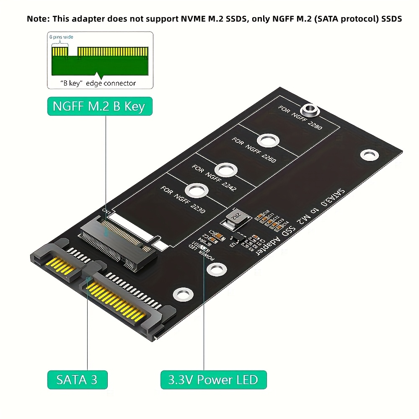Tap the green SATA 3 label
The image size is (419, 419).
(x=77, y=380)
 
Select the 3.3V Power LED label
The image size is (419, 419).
(x=213, y=380)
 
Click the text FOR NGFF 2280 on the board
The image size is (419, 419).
(x=300, y=117)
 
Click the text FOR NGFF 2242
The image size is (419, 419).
(x=215, y=177)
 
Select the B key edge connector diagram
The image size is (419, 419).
(x=100, y=60)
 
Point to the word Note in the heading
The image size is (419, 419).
(x=37, y=19)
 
